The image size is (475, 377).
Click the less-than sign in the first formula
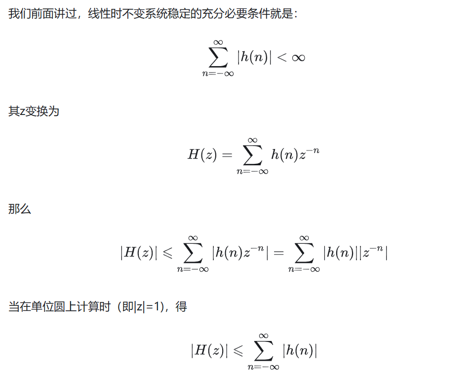pyautogui.click(x=281, y=58)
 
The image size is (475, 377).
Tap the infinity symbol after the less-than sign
pyautogui.click(x=298, y=58)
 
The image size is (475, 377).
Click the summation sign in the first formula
pyautogui.click(x=218, y=57)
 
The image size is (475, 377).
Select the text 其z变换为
pyautogui.click(x=34, y=111)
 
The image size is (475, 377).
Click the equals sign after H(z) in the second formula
pyautogui.click(x=227, y=155)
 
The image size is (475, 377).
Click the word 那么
pyautogui.click(x=20, y=209)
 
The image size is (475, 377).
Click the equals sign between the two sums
pyautogui.click(x=278, y=253)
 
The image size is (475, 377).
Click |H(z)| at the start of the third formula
pyautogui.click(x=139, y=253)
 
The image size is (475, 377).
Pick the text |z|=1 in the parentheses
pyautogui.click(x=147, y=307)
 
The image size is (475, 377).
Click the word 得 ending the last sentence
pyautogui.click(x=181, y=307)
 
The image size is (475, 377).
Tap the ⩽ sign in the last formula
pyautogui.click(x=238, y=351)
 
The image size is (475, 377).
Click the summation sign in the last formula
pyautogui.click(x=264, y=351)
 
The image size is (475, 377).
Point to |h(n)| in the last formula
pyautogui.click(x=300, y=351)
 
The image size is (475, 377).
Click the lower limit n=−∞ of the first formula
pyautogui.click(x=218, y=74)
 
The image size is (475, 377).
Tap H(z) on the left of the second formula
pyautogui.click(x=202, y=155)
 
